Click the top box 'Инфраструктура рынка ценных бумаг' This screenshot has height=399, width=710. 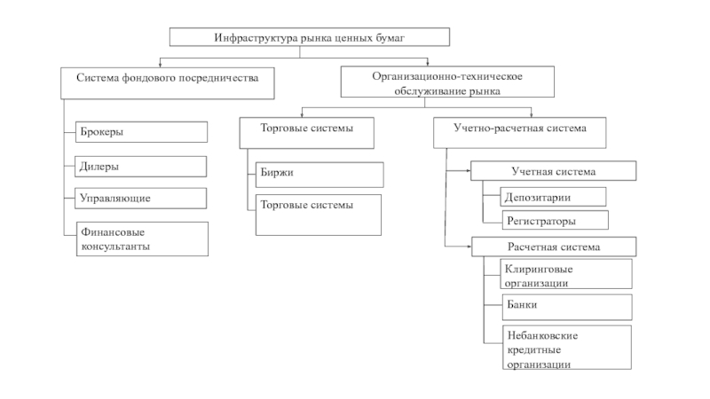[x=310, y=37]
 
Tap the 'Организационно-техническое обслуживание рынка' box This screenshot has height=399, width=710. [x=447, y=82]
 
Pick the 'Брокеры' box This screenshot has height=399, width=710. [x=141, y=132]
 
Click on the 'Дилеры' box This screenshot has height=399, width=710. [x=141, y=166]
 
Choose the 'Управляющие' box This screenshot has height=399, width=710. [x=141, y=197]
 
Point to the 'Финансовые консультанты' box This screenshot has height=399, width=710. [x=141, y=239]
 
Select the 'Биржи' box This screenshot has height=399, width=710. [x=319, y=174]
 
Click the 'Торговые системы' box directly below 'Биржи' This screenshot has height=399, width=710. [x=319, y=215]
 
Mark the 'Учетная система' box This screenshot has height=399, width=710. [x=553, y=170]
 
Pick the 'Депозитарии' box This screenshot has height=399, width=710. [x=543, y=197]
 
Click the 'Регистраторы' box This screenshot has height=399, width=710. [x=543, y=220]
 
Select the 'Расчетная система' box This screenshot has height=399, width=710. [x=553, y=246]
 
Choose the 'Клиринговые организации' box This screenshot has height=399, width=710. [x=557, y=274]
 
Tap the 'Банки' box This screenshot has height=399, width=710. [x=557, y=307]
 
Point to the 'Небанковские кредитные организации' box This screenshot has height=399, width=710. [x=557, y=348]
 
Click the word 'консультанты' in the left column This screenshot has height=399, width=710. [x=114, y=246]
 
